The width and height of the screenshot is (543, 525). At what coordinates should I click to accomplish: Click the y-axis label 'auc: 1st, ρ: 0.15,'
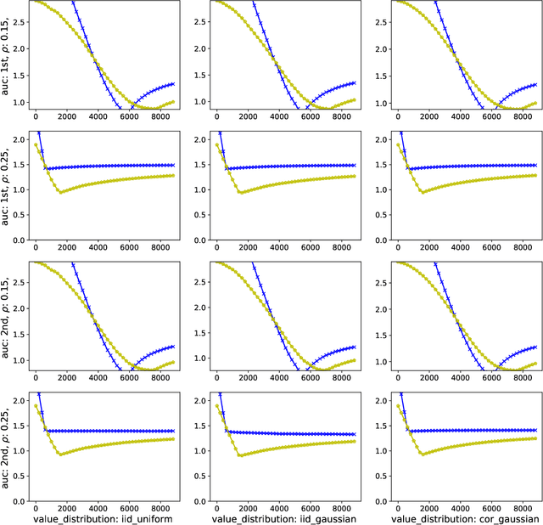click(x=7, y=55)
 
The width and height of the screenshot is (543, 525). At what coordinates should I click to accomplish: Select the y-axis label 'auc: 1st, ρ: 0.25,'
click(x=7, y=186)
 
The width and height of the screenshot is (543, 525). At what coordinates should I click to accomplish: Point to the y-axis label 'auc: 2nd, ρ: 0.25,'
click(x=7, y=446)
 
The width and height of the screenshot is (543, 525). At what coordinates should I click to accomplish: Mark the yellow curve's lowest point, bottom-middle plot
click(x=241, y=456)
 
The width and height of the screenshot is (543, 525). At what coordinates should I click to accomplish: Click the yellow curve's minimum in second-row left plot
click(x=59, y=192)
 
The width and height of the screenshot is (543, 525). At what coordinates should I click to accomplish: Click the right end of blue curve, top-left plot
click(x=173, y=84)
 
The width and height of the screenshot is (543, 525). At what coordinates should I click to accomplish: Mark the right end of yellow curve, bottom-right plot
click(x=535, y=437)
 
